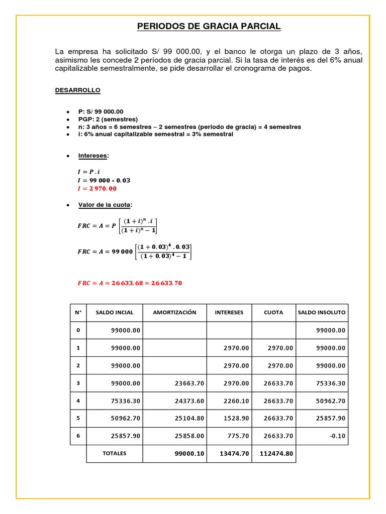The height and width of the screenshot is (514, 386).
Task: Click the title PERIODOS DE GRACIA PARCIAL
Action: [x=209, y=27]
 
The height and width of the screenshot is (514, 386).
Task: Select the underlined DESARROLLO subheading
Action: [x=77, y=90]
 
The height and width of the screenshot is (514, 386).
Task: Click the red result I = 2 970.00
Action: [x=96, y=189]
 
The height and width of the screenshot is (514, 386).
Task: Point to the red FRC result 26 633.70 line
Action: [x=130, y=283]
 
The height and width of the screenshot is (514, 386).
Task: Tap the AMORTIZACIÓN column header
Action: [x=174, y=312]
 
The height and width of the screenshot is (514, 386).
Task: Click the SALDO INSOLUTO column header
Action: [x=322, y=312]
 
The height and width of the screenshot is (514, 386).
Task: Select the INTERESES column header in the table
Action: [x=229, y=312]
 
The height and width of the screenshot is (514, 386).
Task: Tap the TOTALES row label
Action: [x=115, y=453]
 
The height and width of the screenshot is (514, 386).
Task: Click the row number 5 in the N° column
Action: [x=78, y=418]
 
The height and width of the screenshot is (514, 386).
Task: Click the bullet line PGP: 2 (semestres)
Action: [x=108, y=119]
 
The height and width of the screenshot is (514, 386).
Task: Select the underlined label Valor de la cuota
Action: [x=105, y=205]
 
